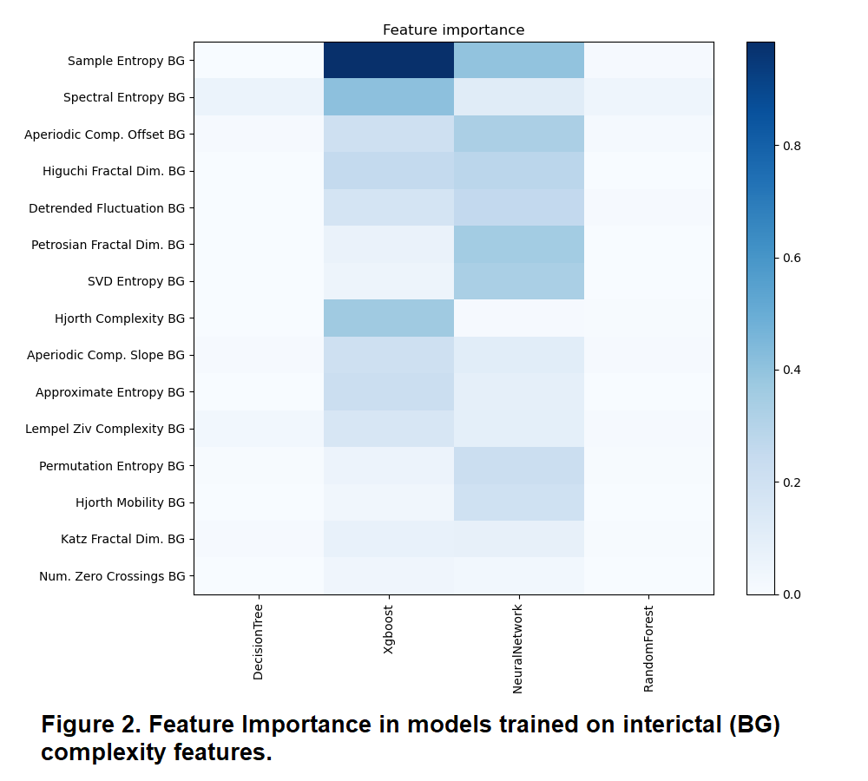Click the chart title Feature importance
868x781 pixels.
pyautogui.click(x=453, y=30)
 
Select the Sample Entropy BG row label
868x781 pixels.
pyautogui.click(x=126, y=61)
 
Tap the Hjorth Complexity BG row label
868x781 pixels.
pyautogui.click(x=120, y=318)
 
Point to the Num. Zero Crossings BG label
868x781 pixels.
pyautogui.click(x=112, y=576)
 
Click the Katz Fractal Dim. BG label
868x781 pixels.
pyautogui.click(x=122, y=539)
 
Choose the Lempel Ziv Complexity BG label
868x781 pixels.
pyautogui.click(x=105, y=429)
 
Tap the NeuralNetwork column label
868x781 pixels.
pyautogui.click(x=518, y=646)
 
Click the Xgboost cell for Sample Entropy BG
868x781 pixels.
pyautogui.click(x=388, y=61)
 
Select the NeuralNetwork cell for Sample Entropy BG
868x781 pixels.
pyautogui.click(x=518, y=61)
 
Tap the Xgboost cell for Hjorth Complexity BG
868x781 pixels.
pyautogui.click(x=388, y=318)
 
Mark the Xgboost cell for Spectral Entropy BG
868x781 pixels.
pyautogui.click(x=388, y=97)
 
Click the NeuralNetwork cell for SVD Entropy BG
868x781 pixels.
pyautogui.click(x=518, y=281)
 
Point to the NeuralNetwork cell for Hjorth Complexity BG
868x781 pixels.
pyautogui.click(x=518, y=318)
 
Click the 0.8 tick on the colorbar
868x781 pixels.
pyautogui.click(x=790, y=146)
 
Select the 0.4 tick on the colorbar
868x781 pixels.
pyautogui.click(x=790, y=371)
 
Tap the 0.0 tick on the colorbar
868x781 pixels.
pyautogui.click(x=790, y=594)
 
